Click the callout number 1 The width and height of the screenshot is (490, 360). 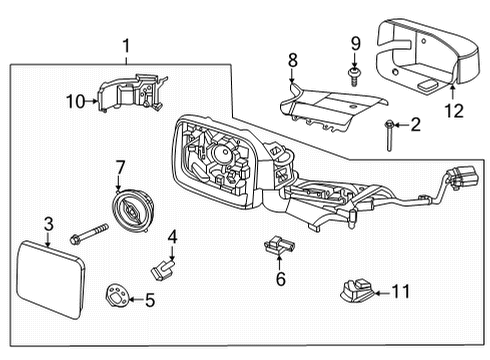126,45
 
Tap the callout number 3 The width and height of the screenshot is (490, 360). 48,223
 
